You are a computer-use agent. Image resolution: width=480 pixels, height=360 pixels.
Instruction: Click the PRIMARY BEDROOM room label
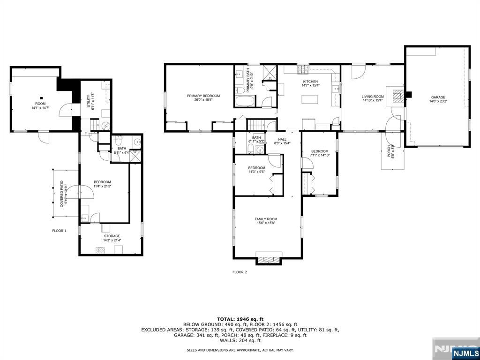(x=203, y=96)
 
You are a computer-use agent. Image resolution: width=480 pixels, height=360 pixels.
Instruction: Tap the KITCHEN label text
(x=310, y=81)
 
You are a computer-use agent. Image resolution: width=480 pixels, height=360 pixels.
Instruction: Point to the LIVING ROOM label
(x=373, y=97)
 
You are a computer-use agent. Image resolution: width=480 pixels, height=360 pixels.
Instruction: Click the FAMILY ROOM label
(x=266, y=219)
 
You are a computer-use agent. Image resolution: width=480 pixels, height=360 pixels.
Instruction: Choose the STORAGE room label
(x=112, y=236)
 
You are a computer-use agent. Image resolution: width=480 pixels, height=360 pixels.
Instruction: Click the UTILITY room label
(x=89, y=101)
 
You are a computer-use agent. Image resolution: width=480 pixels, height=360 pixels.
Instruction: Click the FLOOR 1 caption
(x=59, y=231)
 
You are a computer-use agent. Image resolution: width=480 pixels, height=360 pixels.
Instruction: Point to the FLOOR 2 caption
(x=240, y=272)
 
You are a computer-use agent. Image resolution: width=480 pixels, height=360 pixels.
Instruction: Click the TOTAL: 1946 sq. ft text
(x=240, y=319)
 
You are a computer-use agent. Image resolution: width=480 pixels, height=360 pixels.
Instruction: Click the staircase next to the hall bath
(x=255, y=125)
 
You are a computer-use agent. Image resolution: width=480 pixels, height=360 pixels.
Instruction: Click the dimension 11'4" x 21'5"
(x=102, y=186)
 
